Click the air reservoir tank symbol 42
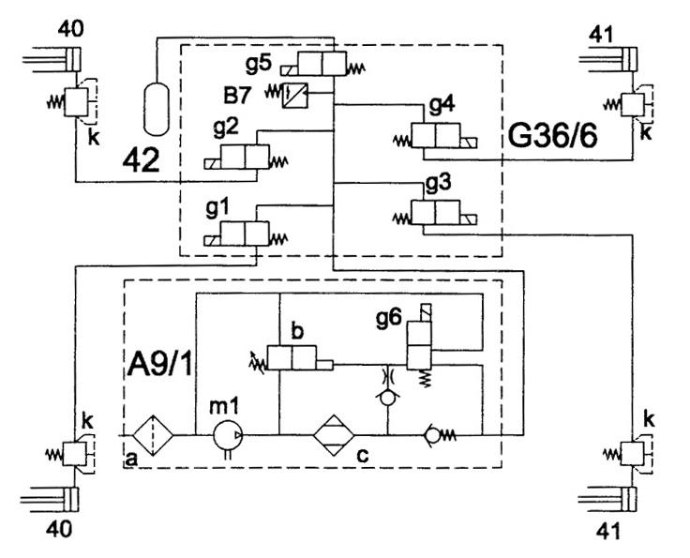pos(157,109)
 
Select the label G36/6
pos(552,135)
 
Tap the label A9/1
pos(160,365)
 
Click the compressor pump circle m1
pos(228,435)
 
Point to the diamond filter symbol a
pos(153,435)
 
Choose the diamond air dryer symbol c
pos(334,435)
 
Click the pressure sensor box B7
pos(294,95)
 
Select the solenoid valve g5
pos(322,65)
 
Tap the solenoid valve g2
pos(246,157)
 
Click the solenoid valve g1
pos(246,234)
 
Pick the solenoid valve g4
pos(436,136)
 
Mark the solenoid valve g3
pos(436,213)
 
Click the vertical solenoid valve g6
pos(420,345)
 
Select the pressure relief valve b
pos(292,358)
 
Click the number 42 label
pos(141,160)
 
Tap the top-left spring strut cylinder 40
pos(52,59)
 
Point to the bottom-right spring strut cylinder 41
pos(607,500)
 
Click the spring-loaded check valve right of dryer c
pos(440,435)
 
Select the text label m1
pos(224,406)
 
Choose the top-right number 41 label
pos(601,35)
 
